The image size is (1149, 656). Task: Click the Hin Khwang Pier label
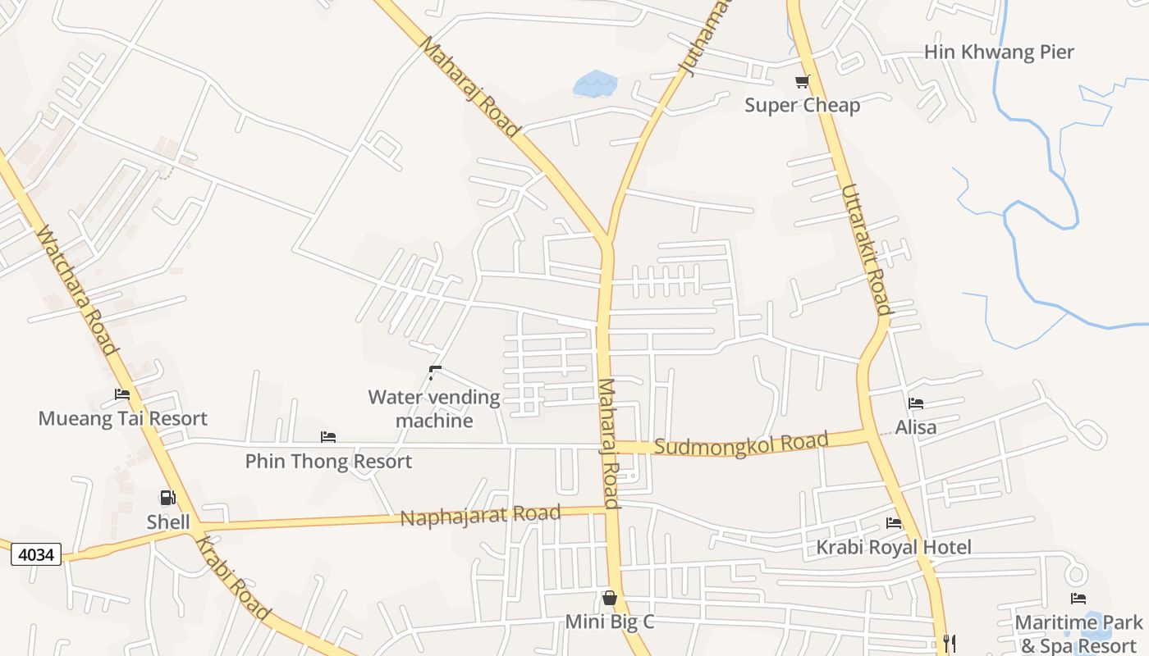(x=998, y=52)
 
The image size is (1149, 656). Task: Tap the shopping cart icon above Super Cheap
(x=802, y=81)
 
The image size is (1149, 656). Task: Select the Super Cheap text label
(x=802, y=105)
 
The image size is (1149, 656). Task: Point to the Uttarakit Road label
(x=866, y=249)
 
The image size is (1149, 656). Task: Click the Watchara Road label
(x=77, y=291)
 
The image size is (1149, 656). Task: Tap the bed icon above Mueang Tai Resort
(x=122, y=394)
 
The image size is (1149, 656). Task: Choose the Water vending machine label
(x=433, y=408)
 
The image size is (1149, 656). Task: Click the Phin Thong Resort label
(x=328, y=462)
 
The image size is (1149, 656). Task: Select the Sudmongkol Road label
(x=741, y=444)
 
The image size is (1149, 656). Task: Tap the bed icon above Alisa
(x=916, y=403)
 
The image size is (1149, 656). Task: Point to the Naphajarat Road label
(x=480, y=516)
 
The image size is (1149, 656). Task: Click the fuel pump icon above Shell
(x=167, y=498)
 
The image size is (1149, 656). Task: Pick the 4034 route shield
(x=36, y=555)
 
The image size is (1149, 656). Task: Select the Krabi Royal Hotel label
(x=893, y=547)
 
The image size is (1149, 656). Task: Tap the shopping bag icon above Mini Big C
(x=609, y=598)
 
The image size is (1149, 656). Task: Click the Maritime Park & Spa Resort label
(x=1078, y=634)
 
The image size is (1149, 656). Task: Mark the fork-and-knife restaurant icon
(x=950, y=643)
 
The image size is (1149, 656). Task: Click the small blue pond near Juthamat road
(x=594, y=83)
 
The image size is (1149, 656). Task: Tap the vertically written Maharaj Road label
(x=608, y=444)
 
